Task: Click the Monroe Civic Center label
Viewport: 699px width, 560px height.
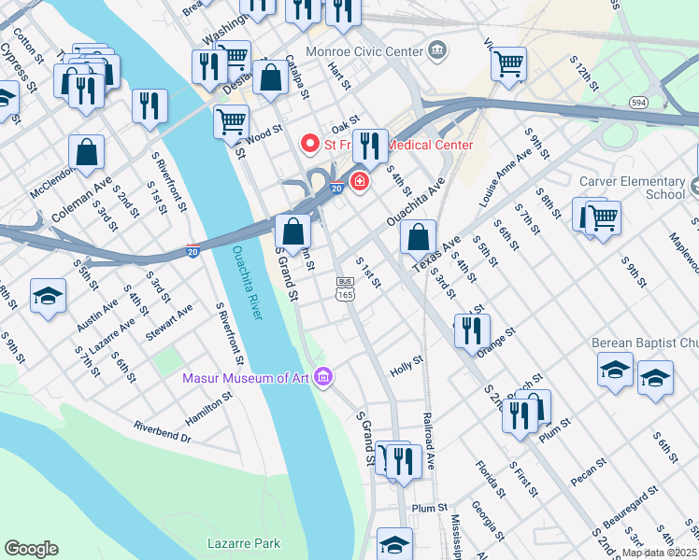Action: pos(368,49)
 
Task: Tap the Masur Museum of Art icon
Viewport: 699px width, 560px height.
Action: pos(324,378)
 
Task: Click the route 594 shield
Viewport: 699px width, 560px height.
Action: pos(639,102)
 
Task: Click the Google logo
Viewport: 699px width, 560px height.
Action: pos(32,548)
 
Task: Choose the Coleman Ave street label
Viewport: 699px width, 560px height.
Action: pos(81,201)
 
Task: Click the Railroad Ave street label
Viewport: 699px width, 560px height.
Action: pos(430,440)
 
